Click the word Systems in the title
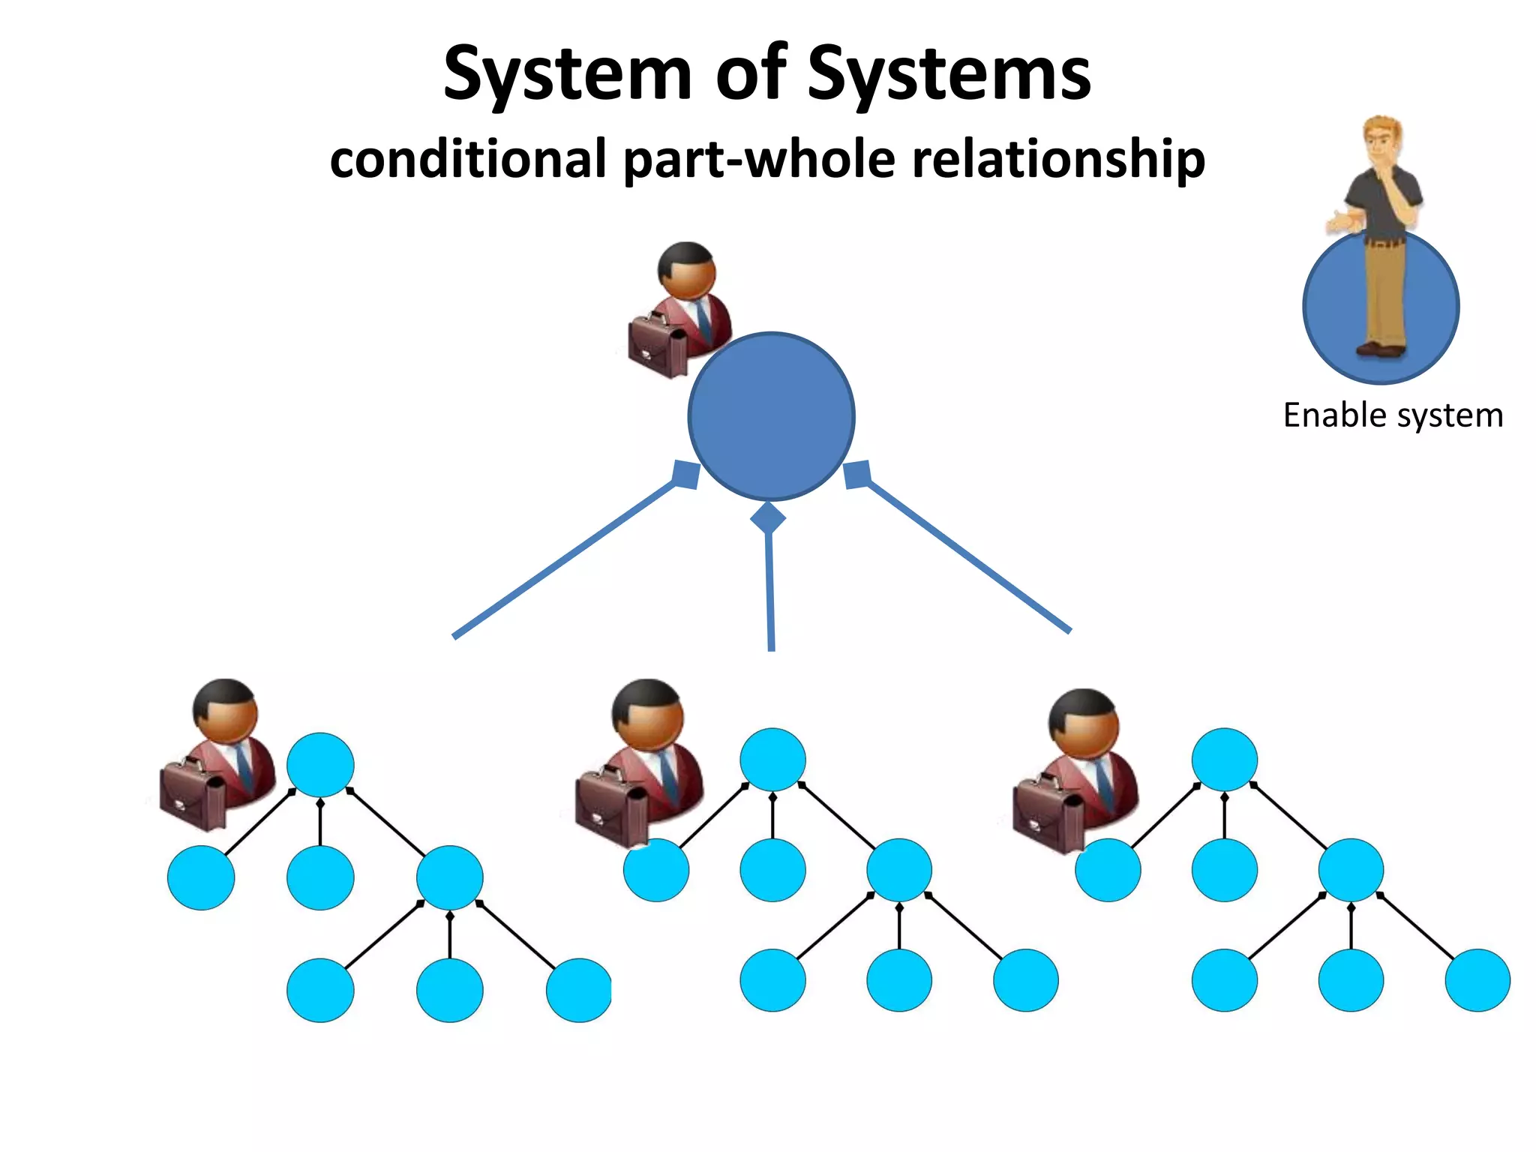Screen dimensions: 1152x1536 tap(949, 73)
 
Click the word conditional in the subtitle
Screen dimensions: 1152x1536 tap(468, 159)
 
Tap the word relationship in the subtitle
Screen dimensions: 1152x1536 tap(1058, 159)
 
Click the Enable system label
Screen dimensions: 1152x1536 tap(1393, 415)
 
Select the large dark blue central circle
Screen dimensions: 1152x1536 tap(771, 417)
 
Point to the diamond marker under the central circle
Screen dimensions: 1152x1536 tap(768, 517)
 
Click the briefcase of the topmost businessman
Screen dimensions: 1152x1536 tap(658, 346)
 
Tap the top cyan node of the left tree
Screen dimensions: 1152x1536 tap(320, 764)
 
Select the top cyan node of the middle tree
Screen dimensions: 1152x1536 tap(772, 759)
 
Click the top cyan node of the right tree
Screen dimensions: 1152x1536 tap(1224, 759)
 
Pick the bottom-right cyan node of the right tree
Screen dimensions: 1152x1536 tap(1477, 980)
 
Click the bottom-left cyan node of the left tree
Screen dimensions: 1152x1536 tap(320, 990)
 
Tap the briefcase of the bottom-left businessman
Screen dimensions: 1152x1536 tap(193, 796)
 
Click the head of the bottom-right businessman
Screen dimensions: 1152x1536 tap(1084, 724)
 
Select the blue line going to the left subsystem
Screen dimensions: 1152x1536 tap(562, 560)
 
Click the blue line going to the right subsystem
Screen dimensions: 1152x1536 tap(967, 556)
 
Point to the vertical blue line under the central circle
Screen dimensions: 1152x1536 tap(770, 592)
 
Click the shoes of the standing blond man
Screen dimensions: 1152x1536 tap(1380, 349)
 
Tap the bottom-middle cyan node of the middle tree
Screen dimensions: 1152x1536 tap(898, 980)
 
